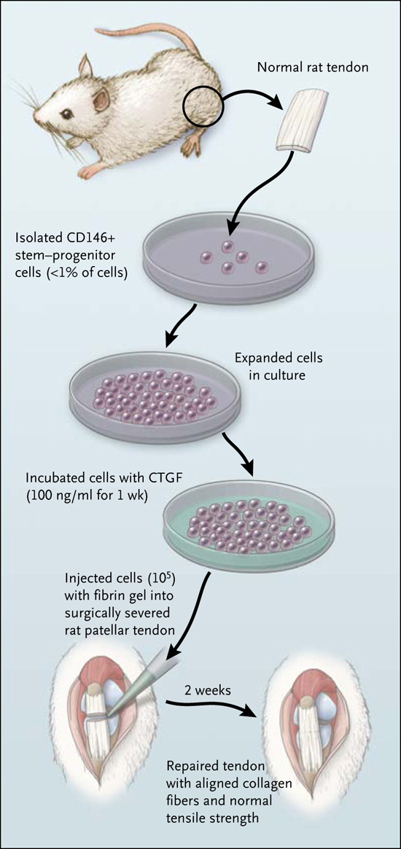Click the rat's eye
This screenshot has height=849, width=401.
tap(66, 114)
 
